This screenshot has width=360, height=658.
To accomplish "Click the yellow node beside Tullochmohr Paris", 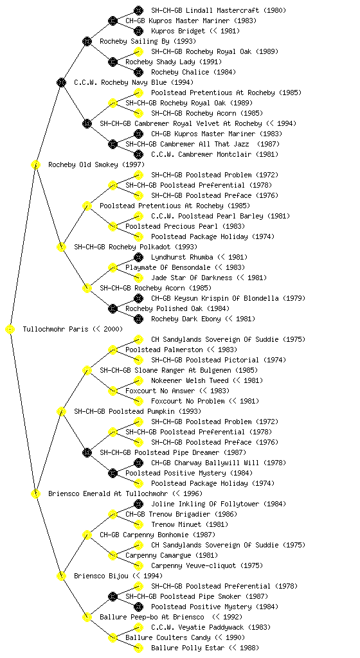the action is [x=10, y=330].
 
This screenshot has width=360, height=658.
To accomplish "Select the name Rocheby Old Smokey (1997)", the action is [x=96, y=165].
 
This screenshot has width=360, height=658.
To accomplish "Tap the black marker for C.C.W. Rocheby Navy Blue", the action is [x=61, y=83].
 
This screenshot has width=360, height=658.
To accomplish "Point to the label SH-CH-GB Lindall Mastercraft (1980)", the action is [x=219, y=10].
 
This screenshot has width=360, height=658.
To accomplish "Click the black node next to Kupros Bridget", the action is [x=138, y=31].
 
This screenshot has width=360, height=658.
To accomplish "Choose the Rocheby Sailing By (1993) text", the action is [x=148, y=42].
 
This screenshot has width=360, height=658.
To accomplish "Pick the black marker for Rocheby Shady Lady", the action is [x=113, y=62].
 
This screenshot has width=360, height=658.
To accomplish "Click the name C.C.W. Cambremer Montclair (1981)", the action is [x=215, y=154].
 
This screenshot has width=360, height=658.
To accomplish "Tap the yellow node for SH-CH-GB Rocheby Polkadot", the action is [x=61, y=247].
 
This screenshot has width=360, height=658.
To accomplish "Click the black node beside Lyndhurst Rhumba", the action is [x=138, y=257].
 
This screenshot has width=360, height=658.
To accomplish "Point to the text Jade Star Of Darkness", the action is [x=192, y=278].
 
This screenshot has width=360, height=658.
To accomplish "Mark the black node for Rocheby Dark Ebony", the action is [x=138, y=319].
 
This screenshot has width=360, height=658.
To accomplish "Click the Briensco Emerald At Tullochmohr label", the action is [x=108, y=494].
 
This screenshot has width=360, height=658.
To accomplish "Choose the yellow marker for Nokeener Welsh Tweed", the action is [x=138, y=380].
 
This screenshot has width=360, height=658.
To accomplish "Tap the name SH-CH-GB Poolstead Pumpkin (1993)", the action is [x=138, y=412].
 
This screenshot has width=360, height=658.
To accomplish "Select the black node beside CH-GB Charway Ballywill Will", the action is [x=138, y=463].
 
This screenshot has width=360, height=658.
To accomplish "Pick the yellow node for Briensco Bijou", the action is [x=61, y=576].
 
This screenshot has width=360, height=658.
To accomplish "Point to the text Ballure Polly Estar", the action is [x=188, y=648].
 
